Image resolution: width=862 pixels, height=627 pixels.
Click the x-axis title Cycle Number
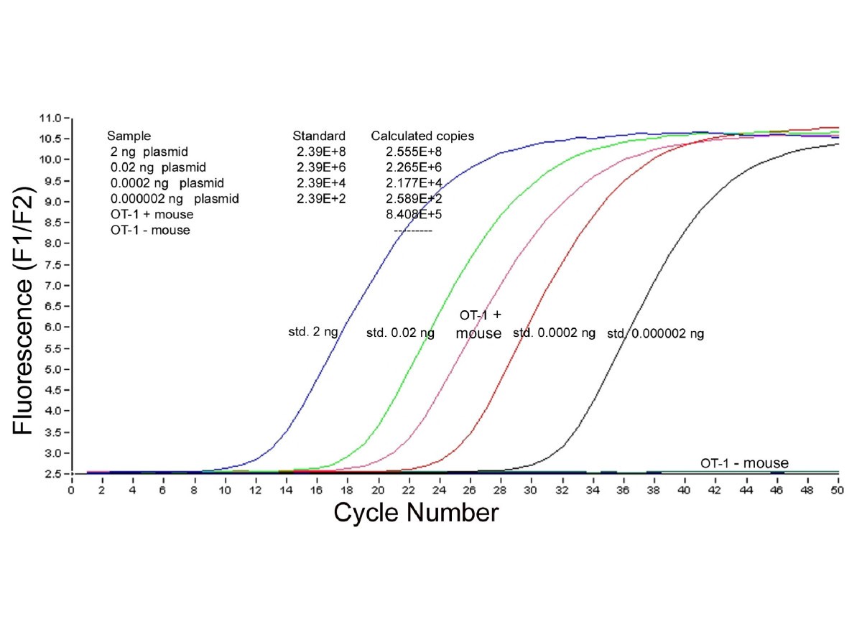tap(416, 512)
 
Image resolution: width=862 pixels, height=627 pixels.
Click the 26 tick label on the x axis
tap(470, 489)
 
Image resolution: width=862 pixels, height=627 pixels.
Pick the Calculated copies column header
tap(422, 136)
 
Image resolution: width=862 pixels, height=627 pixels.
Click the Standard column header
tap(319, 136)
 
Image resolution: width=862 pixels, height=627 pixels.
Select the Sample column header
tap(129, 136)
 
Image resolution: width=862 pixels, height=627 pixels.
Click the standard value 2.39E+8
tap(320, 152)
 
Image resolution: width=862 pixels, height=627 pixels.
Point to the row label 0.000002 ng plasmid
tap(175, 198)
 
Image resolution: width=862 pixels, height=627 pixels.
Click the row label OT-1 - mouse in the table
tap(151, 230)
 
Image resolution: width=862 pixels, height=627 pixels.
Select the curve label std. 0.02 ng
tap(400, 333)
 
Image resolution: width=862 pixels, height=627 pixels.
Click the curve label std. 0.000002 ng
tap(655, 333)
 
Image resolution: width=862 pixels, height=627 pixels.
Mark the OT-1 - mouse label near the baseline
tap(744, 463)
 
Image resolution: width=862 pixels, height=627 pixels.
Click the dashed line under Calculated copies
tap(413, 231)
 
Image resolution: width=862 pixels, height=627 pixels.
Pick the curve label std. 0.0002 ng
tap(554, 333)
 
